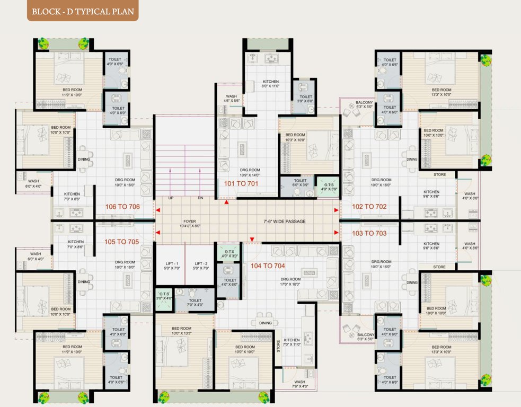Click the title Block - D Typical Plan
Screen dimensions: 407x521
pos(83,11)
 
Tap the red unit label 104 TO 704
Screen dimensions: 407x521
pos(268,266)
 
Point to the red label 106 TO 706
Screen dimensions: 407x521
pos(122,207)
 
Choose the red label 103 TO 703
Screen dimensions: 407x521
pos(369,233)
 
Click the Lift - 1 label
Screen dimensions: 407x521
pos(171,266)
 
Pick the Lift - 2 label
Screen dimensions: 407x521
pos(201,266)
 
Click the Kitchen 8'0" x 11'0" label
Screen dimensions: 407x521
pos(270,84)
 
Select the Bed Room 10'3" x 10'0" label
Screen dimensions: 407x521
pos(295,137)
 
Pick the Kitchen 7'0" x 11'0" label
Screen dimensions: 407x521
pos(292,342)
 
